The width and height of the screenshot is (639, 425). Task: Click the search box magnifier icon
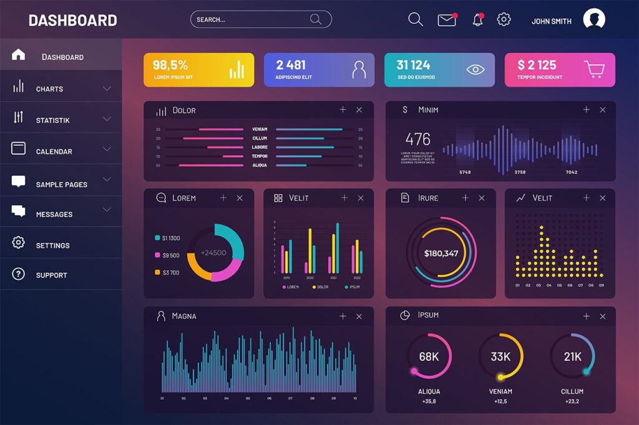coord(316,19)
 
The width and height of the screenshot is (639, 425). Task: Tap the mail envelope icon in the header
coord(447,20)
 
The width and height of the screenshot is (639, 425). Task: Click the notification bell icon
coord(478,20)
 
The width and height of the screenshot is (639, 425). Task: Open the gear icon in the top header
coord(504,19)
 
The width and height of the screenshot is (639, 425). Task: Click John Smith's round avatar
coord(594,19)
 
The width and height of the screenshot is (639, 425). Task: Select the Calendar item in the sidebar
coord(54,151)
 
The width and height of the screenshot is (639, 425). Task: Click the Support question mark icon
coord(18,274)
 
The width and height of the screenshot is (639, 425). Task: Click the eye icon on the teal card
coord(476,69)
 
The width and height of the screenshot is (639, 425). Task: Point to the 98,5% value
coord(170,65)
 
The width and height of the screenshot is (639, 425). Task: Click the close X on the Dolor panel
coord(359,110)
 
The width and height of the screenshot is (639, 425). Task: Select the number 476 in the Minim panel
coord(417,138)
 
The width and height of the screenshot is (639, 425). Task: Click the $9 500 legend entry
coord(170,255)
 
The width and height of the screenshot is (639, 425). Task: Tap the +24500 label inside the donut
coord(213,253)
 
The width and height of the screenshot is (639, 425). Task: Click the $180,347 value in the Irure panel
coord(441,253)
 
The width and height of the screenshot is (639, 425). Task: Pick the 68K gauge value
coord(429,357)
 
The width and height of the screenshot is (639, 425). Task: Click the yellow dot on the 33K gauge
coord(500,377)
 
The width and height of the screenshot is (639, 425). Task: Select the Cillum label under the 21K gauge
coord(572,391)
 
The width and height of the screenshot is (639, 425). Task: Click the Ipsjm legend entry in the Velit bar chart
coord(353,287)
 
